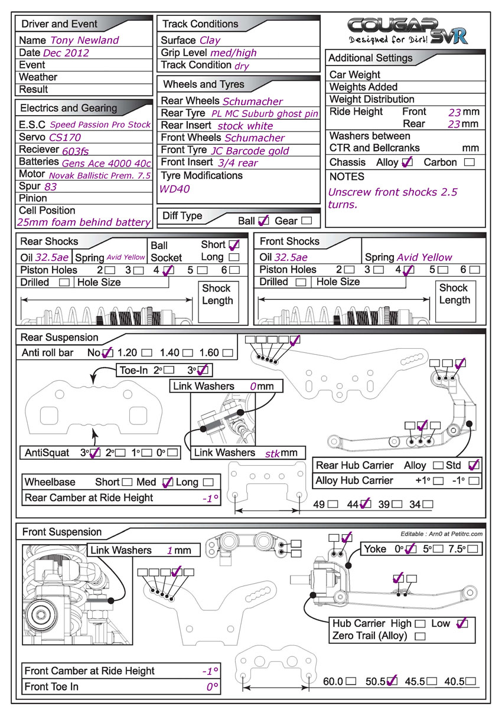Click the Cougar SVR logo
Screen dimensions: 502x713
tap(407, 31)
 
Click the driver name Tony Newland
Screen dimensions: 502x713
tap(84, 40)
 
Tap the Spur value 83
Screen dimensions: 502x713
tap(51, 187)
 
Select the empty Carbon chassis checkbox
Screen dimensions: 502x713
tap(469, 162)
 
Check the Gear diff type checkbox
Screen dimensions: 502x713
tap(307, 221)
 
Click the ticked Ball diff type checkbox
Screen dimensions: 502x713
tap(263, 221)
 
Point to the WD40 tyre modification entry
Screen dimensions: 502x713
tap(175, 189)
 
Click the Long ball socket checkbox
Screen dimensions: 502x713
tap(234, 257)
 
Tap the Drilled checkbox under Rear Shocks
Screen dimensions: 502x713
tap(64, 282)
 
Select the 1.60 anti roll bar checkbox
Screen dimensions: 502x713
tap(228, 353)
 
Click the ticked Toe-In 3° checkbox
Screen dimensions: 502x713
tap(203, 370)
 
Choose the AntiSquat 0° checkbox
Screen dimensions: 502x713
tap(172, 452)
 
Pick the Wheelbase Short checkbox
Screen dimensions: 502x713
tap(127, 482)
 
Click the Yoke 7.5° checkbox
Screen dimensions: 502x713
tap(472, 549)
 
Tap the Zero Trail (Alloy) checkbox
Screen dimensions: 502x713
tap(420, 636)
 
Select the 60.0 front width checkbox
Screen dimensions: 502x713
tap(351, 681)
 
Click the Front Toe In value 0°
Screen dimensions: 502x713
tap(213, 686)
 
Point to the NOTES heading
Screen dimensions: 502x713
tap(347, 176)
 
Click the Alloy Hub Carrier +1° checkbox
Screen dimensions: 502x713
tap(438, 480)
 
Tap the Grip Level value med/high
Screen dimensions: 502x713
tap(234, 53)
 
